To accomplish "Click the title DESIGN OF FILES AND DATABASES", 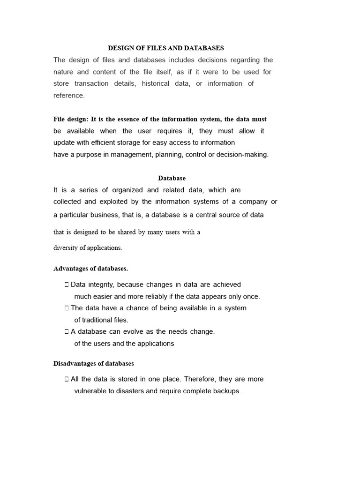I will [x=166, y=48].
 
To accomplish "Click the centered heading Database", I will [x=172, y=178].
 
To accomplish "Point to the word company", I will [x=252, y=202].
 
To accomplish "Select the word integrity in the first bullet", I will [x=100, y=285].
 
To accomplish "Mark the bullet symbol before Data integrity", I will [x=67, y=285].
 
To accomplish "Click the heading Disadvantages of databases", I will [x=94, y=363].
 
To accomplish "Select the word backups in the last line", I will [x=227, y=391].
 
